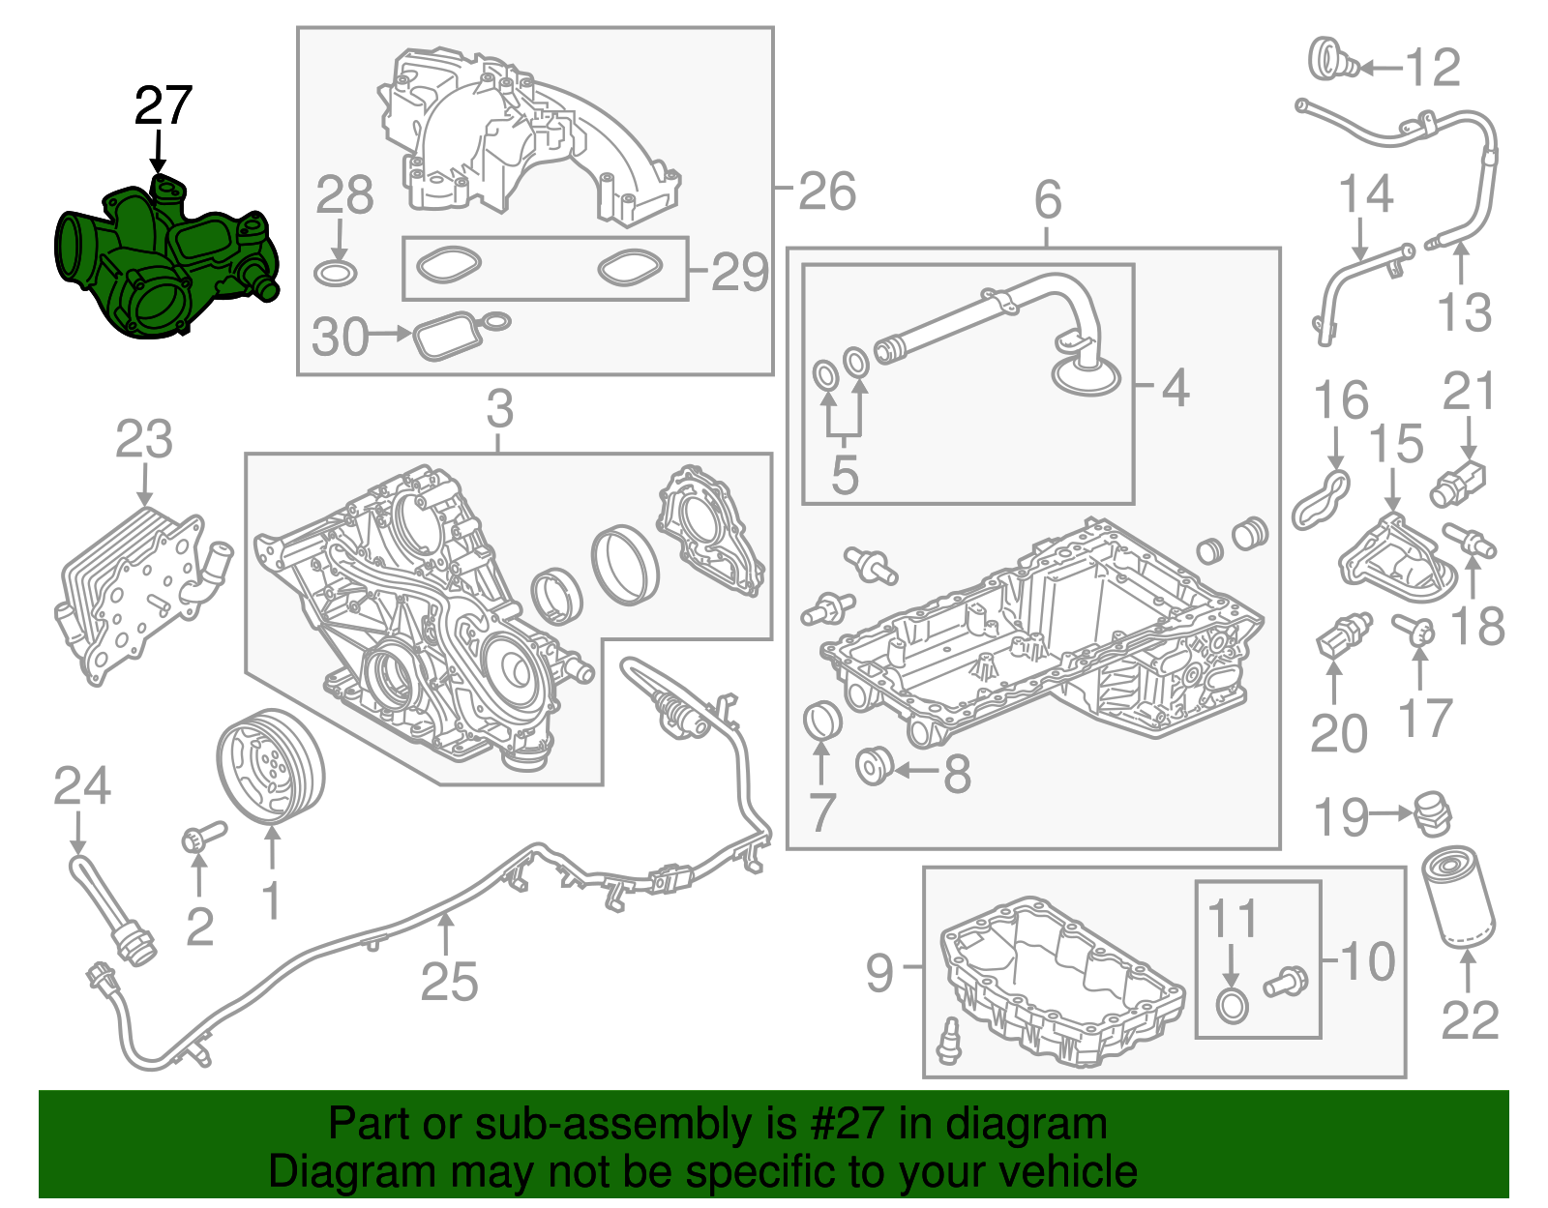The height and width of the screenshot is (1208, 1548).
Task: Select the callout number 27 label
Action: tap(164, 106)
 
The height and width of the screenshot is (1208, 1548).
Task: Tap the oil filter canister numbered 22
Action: tap(1458, 896)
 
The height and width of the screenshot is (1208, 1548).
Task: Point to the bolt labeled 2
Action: tap(200, 837)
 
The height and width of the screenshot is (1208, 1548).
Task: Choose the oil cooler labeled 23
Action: tap(135, 590)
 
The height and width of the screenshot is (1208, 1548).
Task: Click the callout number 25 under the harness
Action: tap(449, 982)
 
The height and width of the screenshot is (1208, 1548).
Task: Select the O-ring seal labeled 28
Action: tap(336, 273)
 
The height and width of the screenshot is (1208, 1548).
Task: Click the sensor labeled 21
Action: tap(1459, 483)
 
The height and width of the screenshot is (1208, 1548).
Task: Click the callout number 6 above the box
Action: tap(1048, 200)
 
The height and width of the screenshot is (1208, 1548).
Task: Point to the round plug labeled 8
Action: tap(874, 767)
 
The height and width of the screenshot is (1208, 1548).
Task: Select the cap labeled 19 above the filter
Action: tap(1431, 812)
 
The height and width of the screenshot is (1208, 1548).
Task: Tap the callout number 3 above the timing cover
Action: tap(499, 409)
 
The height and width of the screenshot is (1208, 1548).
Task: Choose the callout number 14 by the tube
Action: tap(1365, 194)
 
